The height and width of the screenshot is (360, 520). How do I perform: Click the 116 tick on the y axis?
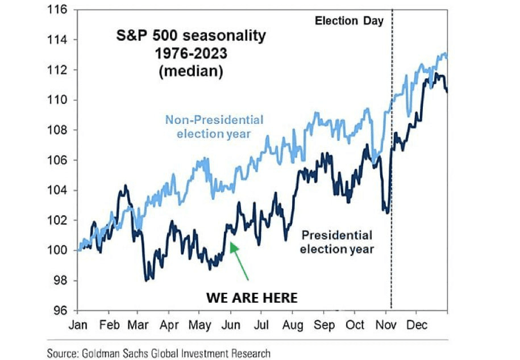59,10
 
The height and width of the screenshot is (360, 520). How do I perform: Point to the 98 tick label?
61,281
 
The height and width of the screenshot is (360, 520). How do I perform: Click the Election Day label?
350,22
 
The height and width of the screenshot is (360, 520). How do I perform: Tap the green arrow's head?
232,244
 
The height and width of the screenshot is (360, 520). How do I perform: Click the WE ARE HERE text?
252,297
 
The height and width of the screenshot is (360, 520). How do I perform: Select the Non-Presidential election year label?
214,127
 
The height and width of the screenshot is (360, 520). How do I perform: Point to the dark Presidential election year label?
336,242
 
